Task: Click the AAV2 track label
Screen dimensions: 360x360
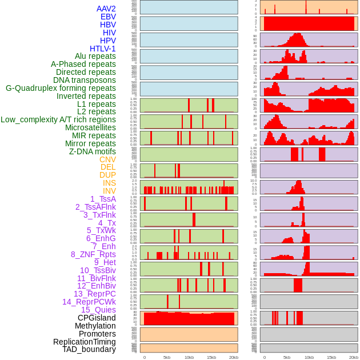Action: click(x=106, y=9)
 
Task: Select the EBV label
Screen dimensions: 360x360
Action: click(x=107, y=17)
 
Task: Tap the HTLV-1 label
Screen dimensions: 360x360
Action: click(x=102, y=49)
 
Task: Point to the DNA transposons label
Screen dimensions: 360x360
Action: click(x=84, y=80)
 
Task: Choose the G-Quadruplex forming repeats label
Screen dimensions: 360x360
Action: click(x=61, y=88)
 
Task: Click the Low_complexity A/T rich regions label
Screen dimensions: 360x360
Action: click(x=58, y=119)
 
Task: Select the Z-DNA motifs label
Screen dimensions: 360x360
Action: click(x=92, y=151)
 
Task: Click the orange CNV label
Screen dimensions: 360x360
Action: click(x=107, y=159)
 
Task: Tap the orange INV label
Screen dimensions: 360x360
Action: click(x=109, y=191)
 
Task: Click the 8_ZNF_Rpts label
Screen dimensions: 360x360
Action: click(x=93, y=254)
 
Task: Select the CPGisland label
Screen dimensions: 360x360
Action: click(x=97, y=318)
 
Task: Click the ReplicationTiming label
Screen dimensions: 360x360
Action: click(x=84, y=342)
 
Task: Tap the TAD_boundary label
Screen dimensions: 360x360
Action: click(x=89, y=349)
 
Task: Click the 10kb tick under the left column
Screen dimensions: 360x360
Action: click(x=189, y=357)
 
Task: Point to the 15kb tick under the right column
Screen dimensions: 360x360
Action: click(x=331, y=357)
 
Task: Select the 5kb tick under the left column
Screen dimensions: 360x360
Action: click(x=166, y=357)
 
